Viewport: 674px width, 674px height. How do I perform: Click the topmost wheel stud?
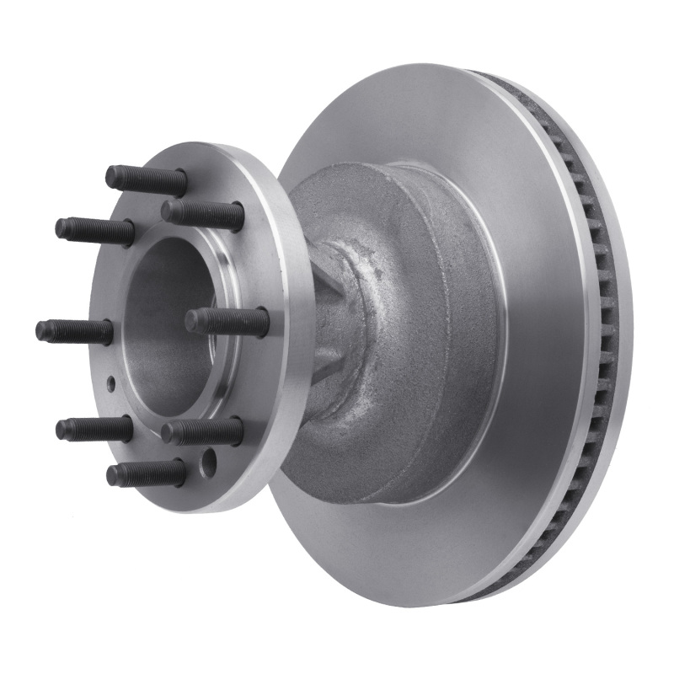pos(146,179)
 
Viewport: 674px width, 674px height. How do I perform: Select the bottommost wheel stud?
pos(146,473)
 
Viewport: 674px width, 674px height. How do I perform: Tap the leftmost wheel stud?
pos(74,330)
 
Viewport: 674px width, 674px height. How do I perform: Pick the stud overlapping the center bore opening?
pos(226,321)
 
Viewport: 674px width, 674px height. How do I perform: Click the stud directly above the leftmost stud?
pos(94,230)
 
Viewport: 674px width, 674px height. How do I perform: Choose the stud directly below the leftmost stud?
pos(94,429)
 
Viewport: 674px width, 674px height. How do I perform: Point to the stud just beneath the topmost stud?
pos(202,213)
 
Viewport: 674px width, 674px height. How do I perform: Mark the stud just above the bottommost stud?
pos(202,432)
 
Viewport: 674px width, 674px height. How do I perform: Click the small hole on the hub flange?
pos(111,383)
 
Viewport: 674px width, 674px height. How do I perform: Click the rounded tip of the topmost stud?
pos(110,177)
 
